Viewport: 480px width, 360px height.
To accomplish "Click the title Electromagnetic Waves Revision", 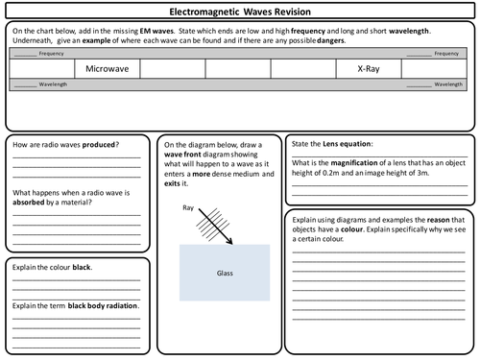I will pos(240,12).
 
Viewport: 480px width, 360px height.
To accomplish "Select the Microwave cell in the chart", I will pos(107,70).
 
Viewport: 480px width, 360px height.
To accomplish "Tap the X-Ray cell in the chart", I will pos(369,70).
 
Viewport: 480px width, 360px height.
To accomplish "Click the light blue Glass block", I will pos(225,272).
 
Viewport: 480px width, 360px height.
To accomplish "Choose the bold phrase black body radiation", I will pos(99,305).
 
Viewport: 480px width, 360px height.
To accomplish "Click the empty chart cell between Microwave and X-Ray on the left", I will pos(238,70).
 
